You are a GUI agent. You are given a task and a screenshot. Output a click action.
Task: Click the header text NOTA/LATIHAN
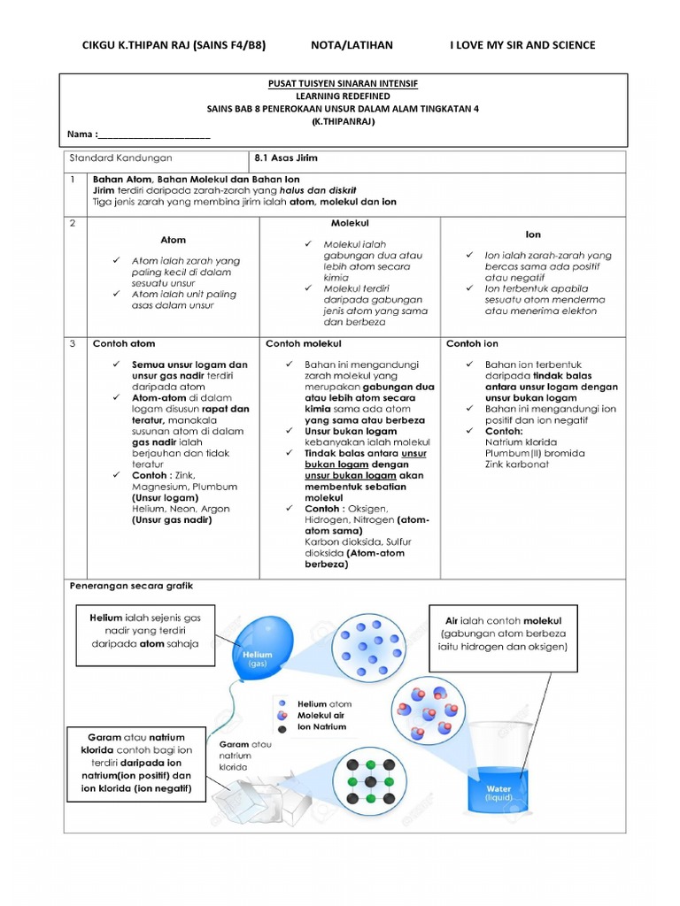pyautogui.click(x=352, y=45)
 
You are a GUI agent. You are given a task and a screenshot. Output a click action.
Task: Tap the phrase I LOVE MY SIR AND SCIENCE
pyautogui.click(x=522, y=45)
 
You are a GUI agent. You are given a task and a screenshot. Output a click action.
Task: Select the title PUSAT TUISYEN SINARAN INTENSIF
pyautogui.click(x=343, y=84)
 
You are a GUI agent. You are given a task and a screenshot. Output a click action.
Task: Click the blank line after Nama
pyautogui.click(x=155, y=135)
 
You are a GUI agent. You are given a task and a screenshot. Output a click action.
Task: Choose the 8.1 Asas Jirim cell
pyautogui.click(x=286, y=158)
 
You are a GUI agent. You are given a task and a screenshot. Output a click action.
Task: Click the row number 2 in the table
pyautogui.click(x=73, y=224)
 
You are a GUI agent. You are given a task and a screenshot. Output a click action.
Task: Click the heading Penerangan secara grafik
pyautogui.click(x=130, y=586)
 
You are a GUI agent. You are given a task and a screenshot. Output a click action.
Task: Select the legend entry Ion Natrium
pyautogui.click(x=321, y=727)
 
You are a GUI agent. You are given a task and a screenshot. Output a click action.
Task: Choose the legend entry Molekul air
pyautogui.click(x=321, y=715)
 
